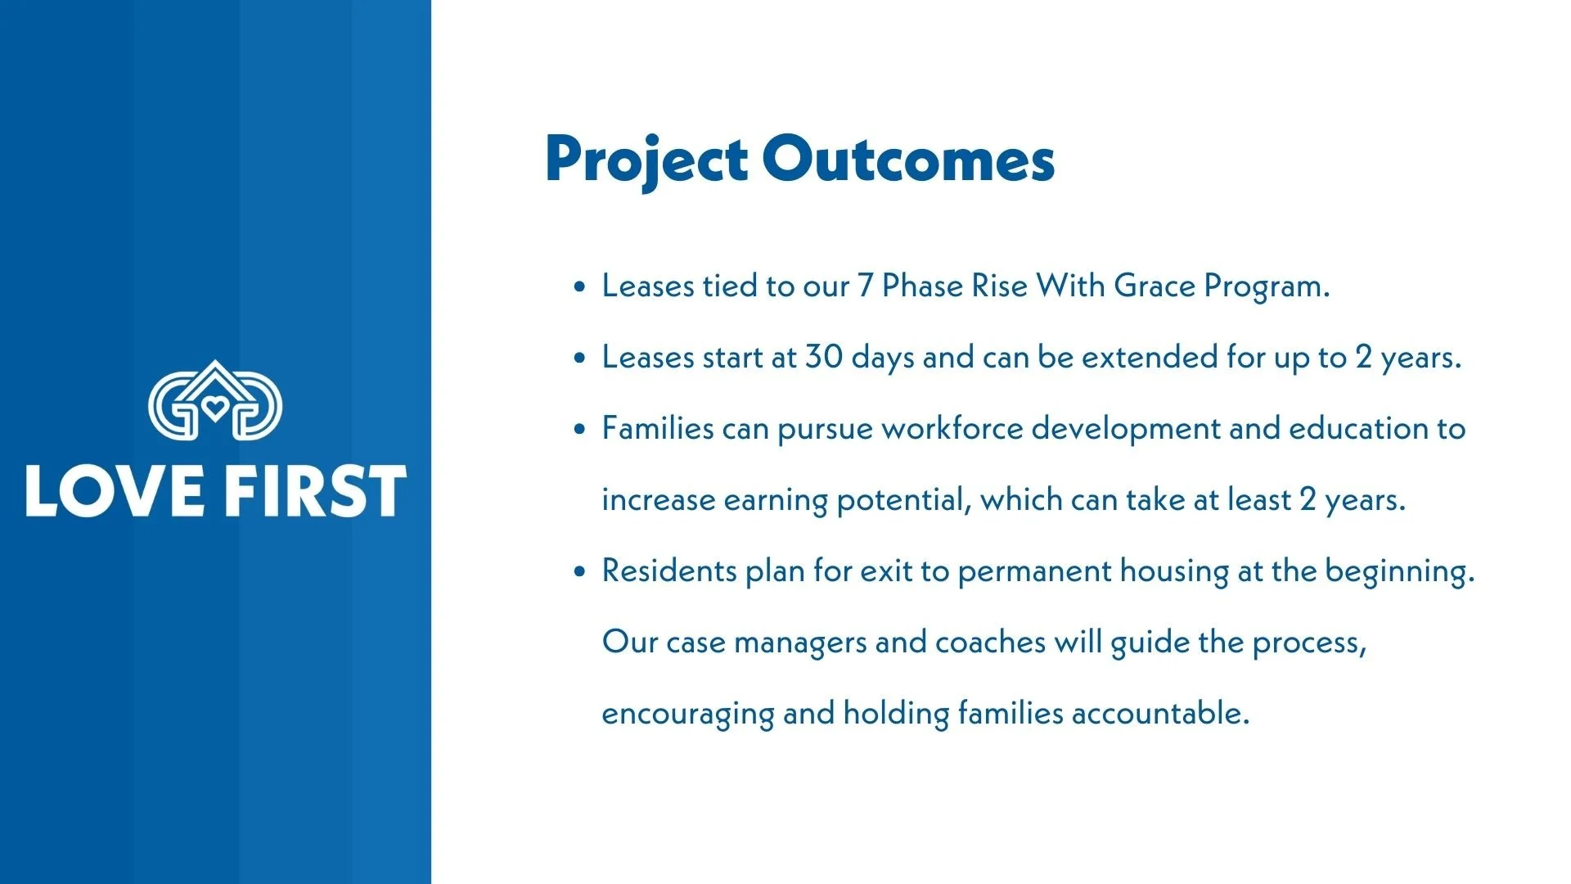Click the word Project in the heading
point(646,161)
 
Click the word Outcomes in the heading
point(908,159)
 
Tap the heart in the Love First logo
point(215,408)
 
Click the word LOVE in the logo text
point(114,491)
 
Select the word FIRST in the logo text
point(315,491)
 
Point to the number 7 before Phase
point(865,286)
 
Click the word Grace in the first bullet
point(1155,286)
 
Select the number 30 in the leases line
point(824,358)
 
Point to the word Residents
point(669,571)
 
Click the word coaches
point(990,643)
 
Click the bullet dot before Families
point(580,430)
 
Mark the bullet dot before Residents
point(580,572)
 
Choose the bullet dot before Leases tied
point(580,287)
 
